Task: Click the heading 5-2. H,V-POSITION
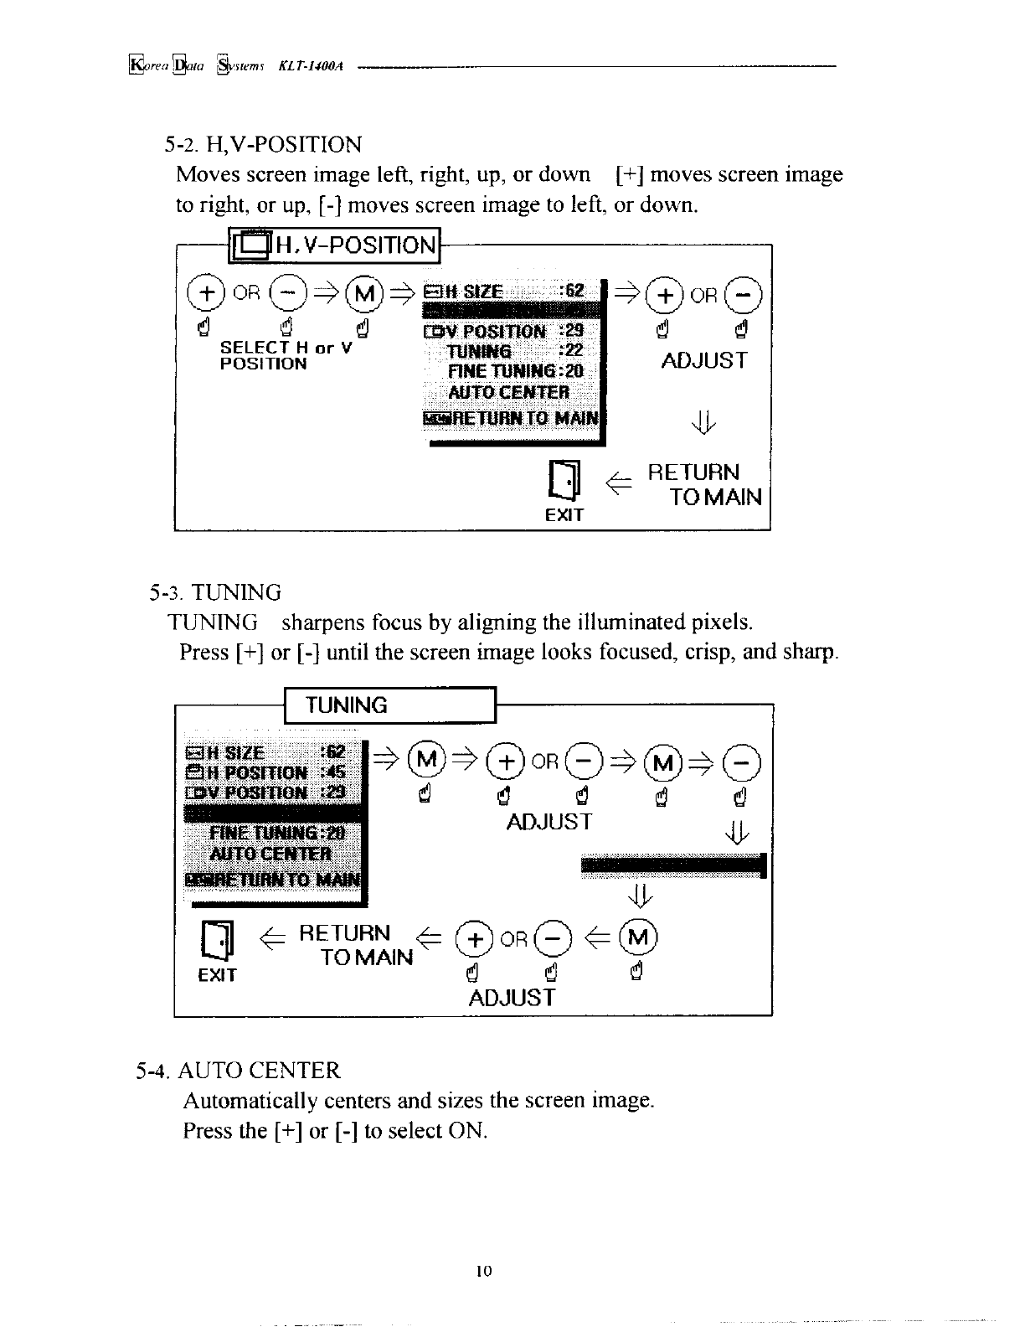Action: (264, 145)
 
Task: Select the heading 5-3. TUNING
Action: (215, 593)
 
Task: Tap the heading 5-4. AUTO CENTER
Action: (240, 1071)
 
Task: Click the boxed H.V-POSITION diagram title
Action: (335, 245)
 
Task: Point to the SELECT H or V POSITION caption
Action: (285, 355)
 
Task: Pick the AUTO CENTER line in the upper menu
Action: (509, 392)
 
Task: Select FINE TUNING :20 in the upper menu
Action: (516, 371)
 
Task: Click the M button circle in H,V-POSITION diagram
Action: (371, 292)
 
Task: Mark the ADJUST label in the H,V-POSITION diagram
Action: (704, 361)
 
